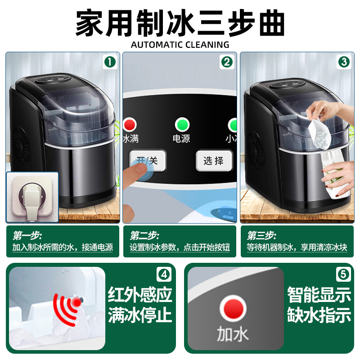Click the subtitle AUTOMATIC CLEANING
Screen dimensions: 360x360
[180, 45]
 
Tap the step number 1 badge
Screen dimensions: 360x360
[110, 62]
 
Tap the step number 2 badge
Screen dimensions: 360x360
[227, 62]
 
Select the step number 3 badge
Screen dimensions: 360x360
[344, 62]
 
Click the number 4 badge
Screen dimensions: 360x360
[165, 274]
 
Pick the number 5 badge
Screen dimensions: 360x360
[343, 274]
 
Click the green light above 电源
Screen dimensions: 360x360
[182, 124]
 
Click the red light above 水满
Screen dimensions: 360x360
[130, 124]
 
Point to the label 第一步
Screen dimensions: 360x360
[27, 235]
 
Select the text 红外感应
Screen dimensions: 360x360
[140, 295]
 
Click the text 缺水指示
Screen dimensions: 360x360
[319, 315]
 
